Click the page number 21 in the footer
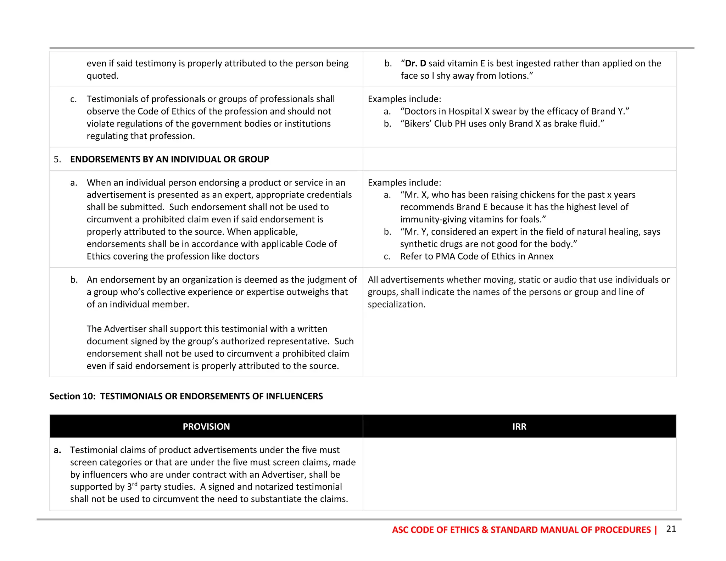click(x=671, y=529)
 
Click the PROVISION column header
click(x=206, y=426)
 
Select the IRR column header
click(x=519, y=426)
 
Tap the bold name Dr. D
click(x=415, y=63)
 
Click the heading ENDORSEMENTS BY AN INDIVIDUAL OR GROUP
click(x=169, y=159)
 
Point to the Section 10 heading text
click(x=186, y=396)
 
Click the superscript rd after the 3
click(x=135, y=484)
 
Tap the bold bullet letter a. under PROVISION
click(x=57, y=450)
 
